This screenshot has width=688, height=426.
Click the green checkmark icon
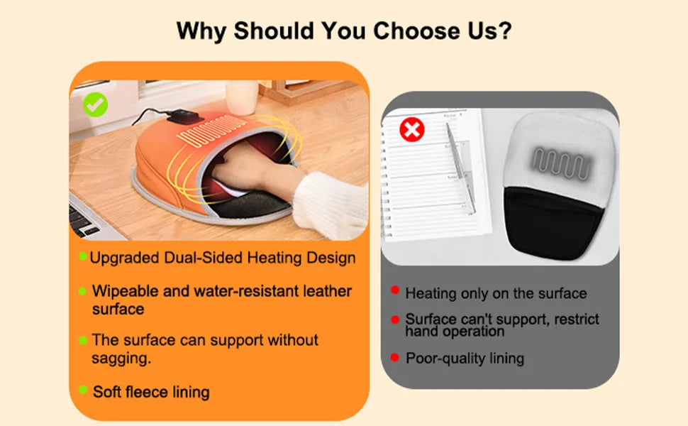click(x=95, y=105)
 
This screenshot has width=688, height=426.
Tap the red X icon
click(x=411, y=130)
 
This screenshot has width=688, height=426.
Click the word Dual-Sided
click(x=206, y=258)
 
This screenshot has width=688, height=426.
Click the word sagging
click(x=121, y=359)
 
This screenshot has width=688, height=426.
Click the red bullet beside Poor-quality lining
click(x=394, y=357)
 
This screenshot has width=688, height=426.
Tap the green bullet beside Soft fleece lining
click(x=83, y=390)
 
